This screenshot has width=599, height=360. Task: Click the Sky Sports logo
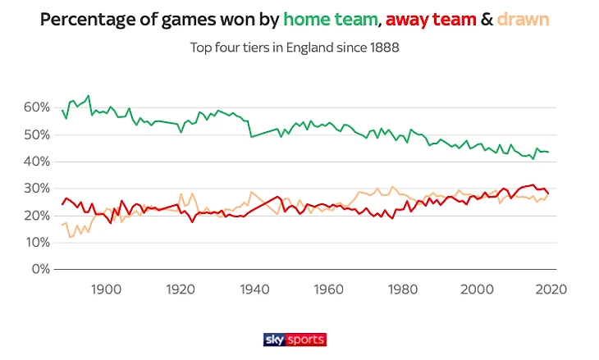tap(295, 339)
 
